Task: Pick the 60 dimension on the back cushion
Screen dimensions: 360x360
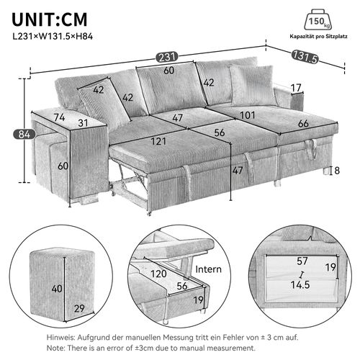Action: [168, 71]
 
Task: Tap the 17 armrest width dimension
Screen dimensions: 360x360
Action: [296, 89]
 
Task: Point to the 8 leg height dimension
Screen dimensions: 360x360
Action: [337, 171]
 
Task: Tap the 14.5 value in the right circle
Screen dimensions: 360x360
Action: [301, 285]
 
